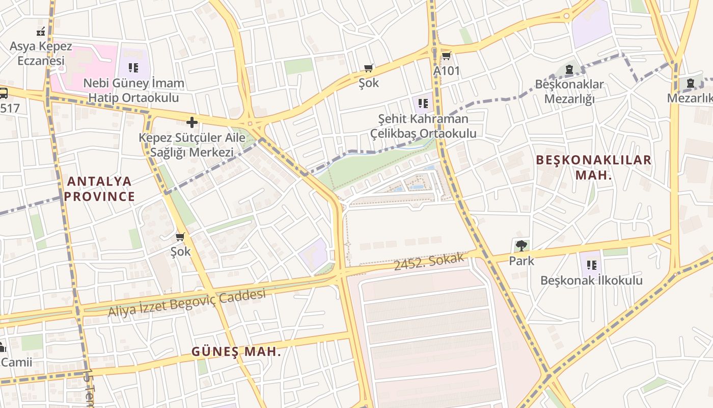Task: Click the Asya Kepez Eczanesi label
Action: [x=41, y=53]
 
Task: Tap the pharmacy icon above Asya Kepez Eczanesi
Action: [x=41, y=32]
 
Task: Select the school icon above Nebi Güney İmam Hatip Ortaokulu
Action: [x=133, y=67]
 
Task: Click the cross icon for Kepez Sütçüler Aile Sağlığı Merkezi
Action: [x=192, y=122]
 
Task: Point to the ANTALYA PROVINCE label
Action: [x=100, y=189]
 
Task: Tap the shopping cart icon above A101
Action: [x=446, y=56]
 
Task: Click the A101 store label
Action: [x=446, y=71]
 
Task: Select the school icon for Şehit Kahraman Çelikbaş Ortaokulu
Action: [x=423, y=104]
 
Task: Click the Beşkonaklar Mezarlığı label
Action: [x=569, y=91]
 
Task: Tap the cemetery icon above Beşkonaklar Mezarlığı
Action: [x=569, y=69]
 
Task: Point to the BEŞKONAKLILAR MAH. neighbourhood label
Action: [x=593, y=167]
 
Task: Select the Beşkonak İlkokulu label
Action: [x=591, y=280]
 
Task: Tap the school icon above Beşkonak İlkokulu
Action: [x=591, y=265]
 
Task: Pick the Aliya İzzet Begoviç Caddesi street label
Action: [x=187, y=303]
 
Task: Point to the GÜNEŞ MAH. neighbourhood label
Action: [x=236, y=351]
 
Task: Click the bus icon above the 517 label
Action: [x=3, y=93]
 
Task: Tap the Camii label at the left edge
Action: [x=16, y=362]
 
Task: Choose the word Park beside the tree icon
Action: [x=522, y=261]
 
